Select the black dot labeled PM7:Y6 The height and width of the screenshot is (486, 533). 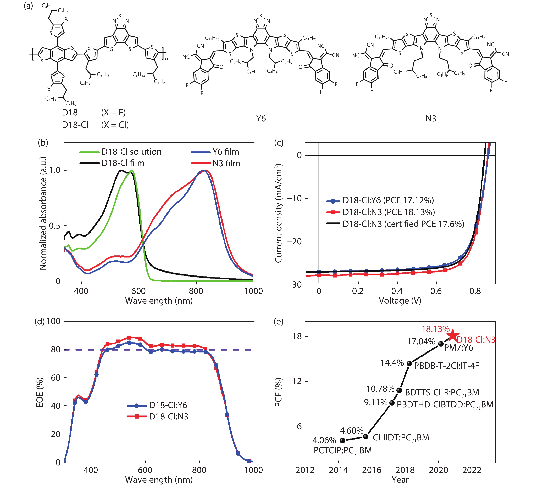pyautogui.click(x=441, y=344)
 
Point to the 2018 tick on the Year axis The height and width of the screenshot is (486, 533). pyautogui.click(x=405, y=470)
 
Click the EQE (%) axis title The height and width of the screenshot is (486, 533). pyautogui.click(x=40, y=392)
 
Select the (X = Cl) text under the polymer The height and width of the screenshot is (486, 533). pyautogui.click(x=115, y=125)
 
